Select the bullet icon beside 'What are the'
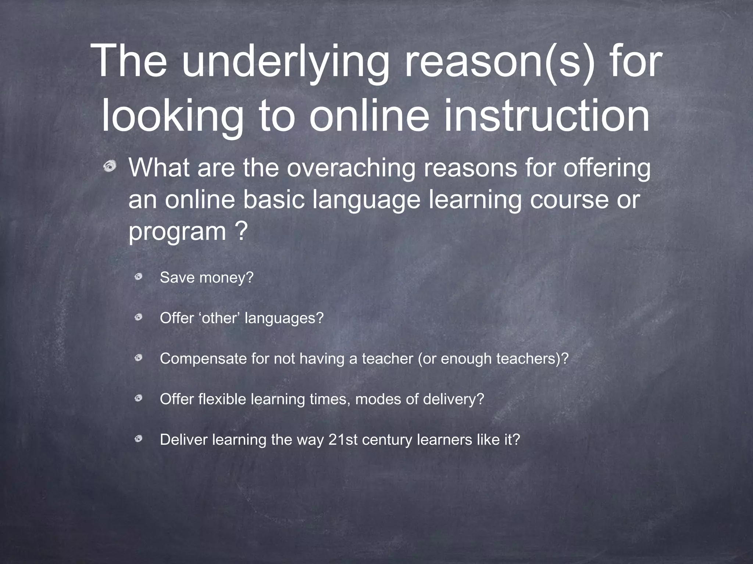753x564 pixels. click(x=110, y=167)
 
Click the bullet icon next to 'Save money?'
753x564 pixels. click(x=138, y=277)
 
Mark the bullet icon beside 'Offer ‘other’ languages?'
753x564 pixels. click(x=138, y=317)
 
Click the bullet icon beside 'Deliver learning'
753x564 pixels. click(x=138, y=438)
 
